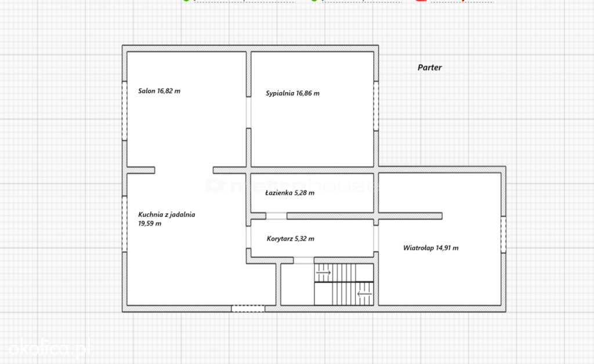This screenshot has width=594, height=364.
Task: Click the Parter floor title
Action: click(430, 67)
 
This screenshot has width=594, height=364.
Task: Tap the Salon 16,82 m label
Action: click(159, 91)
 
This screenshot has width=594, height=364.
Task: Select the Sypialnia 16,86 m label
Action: click(292, 93)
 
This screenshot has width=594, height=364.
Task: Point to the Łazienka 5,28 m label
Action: click(290, 192)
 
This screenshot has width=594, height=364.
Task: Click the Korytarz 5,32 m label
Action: click(291, 239)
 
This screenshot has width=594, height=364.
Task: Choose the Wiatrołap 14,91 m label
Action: click(431, 248)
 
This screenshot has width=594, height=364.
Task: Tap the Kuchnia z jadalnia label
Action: click(166, 214)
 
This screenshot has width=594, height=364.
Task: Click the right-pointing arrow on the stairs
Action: click(323, 272)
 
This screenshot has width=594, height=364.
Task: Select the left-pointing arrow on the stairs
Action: click(364, 294)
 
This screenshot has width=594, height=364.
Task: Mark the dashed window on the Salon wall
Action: click(124, 111)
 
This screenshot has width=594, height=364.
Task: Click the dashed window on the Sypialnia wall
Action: click(376, 106)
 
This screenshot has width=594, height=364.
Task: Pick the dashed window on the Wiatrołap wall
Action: click(504, 234)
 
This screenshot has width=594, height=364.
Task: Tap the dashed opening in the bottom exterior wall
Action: click(248, 309)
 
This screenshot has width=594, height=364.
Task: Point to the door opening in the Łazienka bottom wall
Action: click(276, 216)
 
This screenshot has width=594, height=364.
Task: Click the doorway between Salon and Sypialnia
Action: click(248, 112)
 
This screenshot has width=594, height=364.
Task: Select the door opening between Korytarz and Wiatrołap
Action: click(376, 238)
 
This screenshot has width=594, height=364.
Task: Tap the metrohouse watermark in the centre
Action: click(292, 185)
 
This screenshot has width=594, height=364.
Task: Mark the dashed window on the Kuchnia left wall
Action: click(124, 224)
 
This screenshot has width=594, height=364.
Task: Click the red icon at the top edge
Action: click(421, 1)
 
